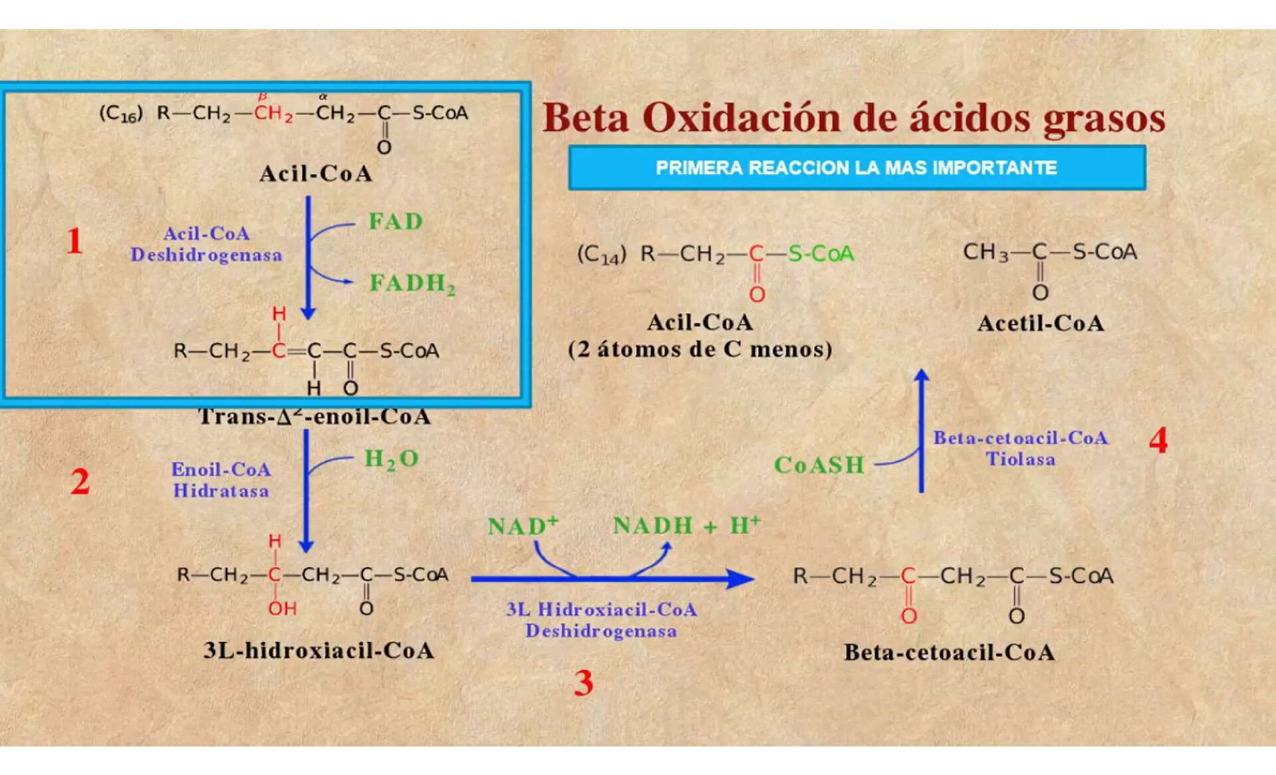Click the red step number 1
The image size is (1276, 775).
pos(74,241)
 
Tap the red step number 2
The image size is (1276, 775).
pos(80,481)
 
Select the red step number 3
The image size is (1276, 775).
pos(584,683)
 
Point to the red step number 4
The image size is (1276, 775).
pos(1158,441)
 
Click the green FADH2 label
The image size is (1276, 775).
pos(412,284)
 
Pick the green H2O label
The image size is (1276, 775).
pos(391,459)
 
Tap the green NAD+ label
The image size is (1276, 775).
pos(522,526)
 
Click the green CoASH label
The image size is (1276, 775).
pos(819,465)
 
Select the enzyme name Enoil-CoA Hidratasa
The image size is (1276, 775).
pos(221,480)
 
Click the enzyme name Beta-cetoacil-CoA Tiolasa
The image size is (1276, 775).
pos(1020,448)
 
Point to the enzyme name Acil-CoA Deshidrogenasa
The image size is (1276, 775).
pos(206,244)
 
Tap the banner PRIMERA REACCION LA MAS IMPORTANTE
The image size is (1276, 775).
pos(856,167)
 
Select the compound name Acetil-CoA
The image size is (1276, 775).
pos(1040,324)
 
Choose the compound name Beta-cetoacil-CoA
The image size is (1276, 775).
pos(949,653)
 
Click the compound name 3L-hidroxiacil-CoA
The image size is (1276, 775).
pos(319,650)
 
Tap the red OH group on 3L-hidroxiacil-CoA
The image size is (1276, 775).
pos(282,609)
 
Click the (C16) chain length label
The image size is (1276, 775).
pos(120,114)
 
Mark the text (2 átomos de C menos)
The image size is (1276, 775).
pos(700,350)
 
